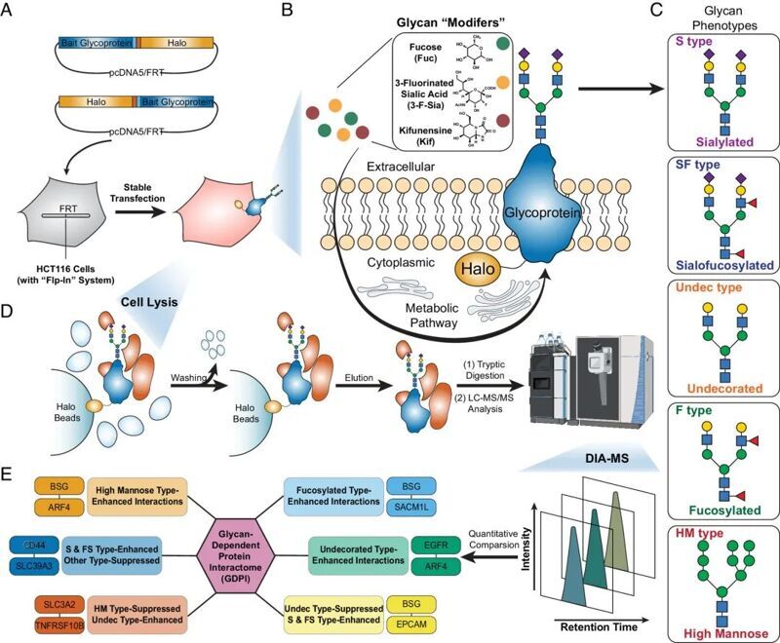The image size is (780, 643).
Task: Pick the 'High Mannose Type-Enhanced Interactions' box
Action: coord(136,494)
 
